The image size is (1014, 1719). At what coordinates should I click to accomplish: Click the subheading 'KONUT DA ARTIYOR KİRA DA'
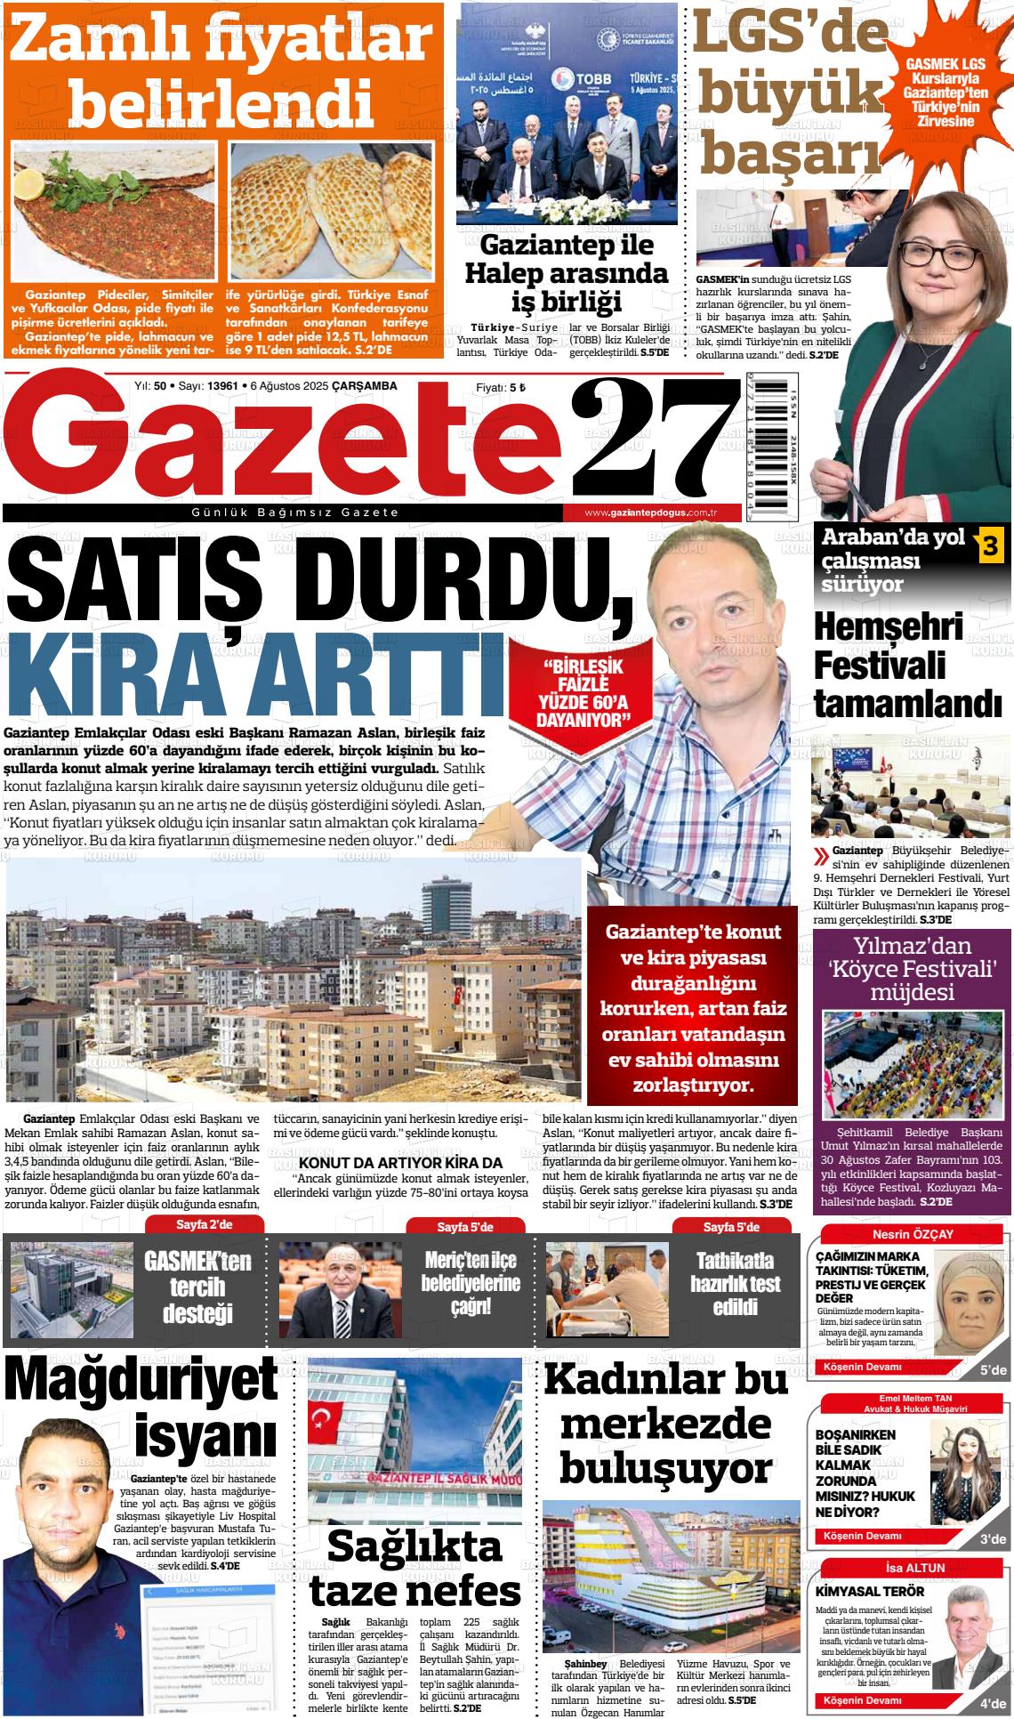401,1162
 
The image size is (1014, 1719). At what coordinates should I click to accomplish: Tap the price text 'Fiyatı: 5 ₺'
501,387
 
